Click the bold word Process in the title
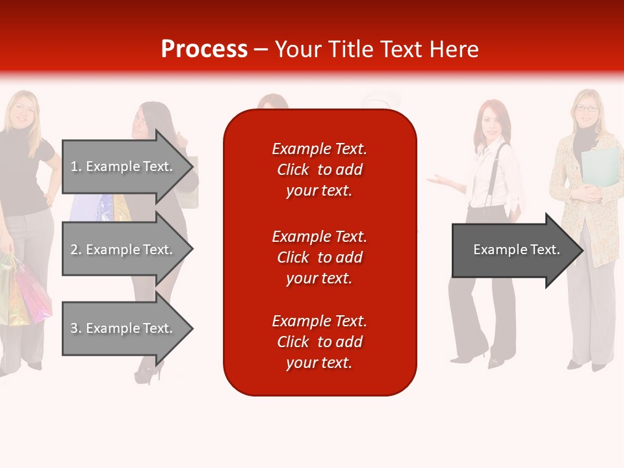pyautogui.click(x=204, y=49)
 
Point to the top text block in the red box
pyautogui.click(x=319, y=170)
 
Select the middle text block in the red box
pyautogui.click(x=319, y=257)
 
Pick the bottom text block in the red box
pyautogui.click(x=319, y=342)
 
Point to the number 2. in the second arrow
pyautogui.click(x=76, y=250)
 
